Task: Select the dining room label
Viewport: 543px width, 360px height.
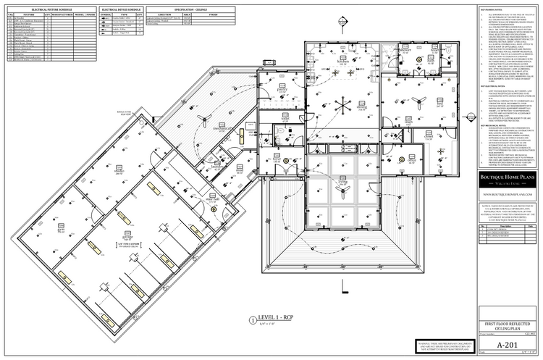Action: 361,106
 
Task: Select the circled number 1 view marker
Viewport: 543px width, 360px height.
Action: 252,318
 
